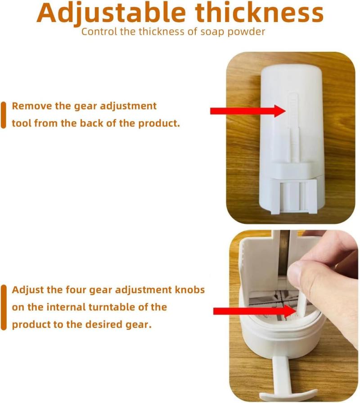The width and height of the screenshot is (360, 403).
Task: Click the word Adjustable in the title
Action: click(x=111, y=14)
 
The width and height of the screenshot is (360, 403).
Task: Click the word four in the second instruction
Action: click(x=76, y=290)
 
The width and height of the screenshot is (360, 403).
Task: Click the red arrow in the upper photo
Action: click(x=248, y=111)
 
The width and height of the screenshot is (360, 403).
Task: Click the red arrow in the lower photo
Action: click(x=254, y=311)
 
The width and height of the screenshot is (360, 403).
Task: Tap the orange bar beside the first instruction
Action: click(x=3, y=115)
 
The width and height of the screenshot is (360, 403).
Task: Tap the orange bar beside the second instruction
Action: click(x=3, y=308)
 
